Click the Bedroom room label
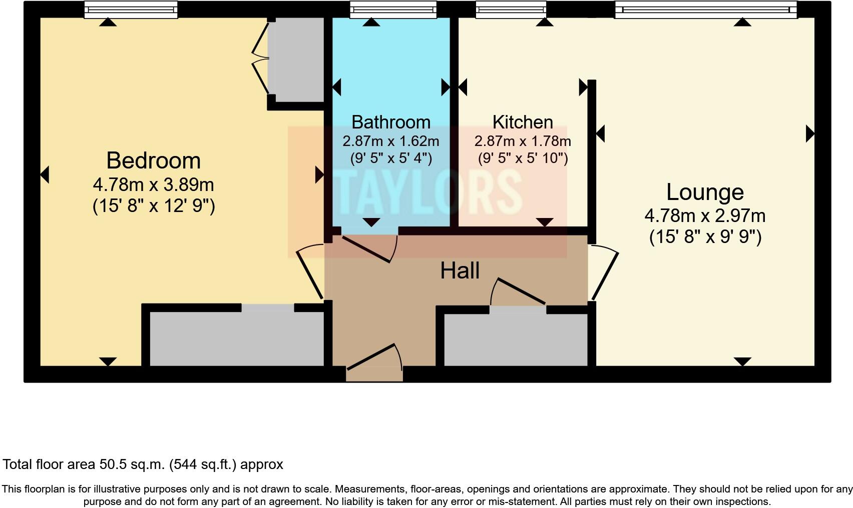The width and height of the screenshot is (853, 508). (153, 160)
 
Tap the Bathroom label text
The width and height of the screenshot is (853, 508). (390, 122)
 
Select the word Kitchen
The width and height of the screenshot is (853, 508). (523, 122)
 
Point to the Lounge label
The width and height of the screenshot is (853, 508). (705, 192)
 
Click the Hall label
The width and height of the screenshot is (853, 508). (460, 270)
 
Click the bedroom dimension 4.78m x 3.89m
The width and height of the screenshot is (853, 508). (153, 184)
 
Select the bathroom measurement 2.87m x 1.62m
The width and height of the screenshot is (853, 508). (390, 141)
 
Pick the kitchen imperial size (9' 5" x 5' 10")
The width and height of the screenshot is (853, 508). (523, 158)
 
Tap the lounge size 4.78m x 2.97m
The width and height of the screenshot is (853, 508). (705, 216)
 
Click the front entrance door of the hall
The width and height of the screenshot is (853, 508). (374, 358)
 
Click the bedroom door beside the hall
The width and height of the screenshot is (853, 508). (309, 272)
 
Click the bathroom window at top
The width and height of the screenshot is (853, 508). (392, 9)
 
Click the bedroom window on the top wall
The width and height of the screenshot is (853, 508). (131, 9)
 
